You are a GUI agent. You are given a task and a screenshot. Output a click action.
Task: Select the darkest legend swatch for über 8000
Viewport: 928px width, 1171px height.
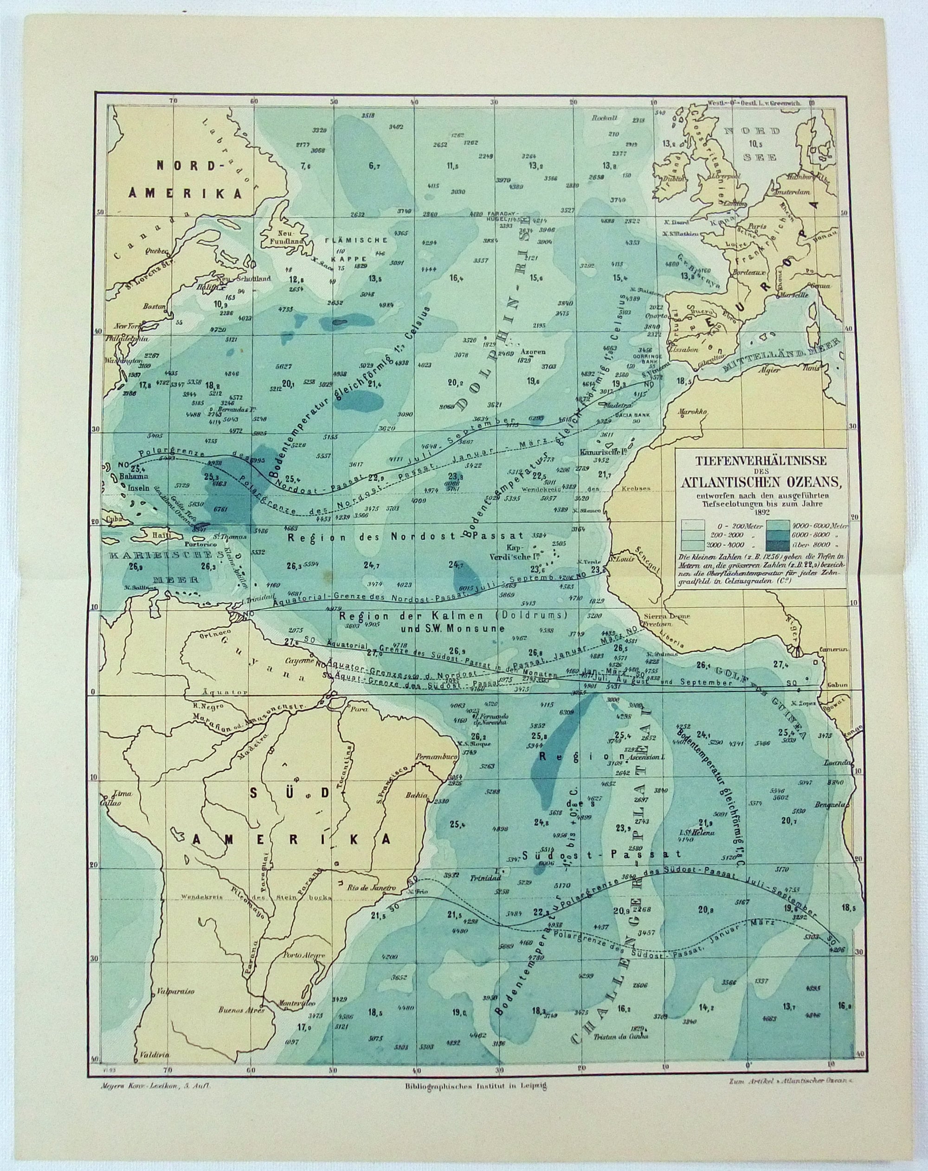777,544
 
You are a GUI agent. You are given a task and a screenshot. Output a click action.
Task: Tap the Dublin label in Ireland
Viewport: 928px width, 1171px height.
671,178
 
